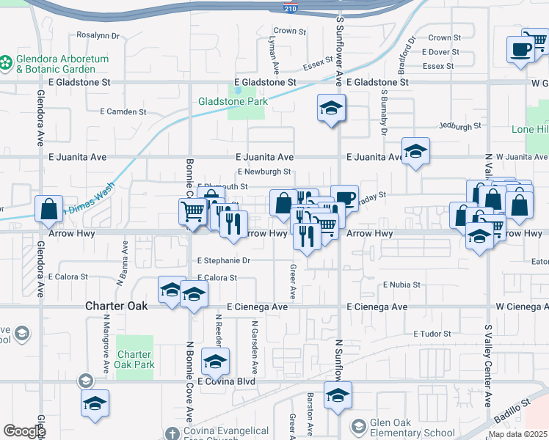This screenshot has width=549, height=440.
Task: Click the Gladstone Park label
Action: (x=233, y=102)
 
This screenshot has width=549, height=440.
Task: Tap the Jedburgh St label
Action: (x=460, y=126)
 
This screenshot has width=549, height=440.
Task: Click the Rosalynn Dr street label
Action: (x=98, y=34)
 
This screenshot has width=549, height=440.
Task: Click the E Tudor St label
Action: (x=436, y=334)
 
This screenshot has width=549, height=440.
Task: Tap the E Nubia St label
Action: (x=401, y=285)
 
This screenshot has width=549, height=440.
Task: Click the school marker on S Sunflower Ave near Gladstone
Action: (x=331, y=109)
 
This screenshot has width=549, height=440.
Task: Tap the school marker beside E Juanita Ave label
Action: (x=416, y=152)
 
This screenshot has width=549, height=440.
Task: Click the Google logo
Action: (x=24, y=431)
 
